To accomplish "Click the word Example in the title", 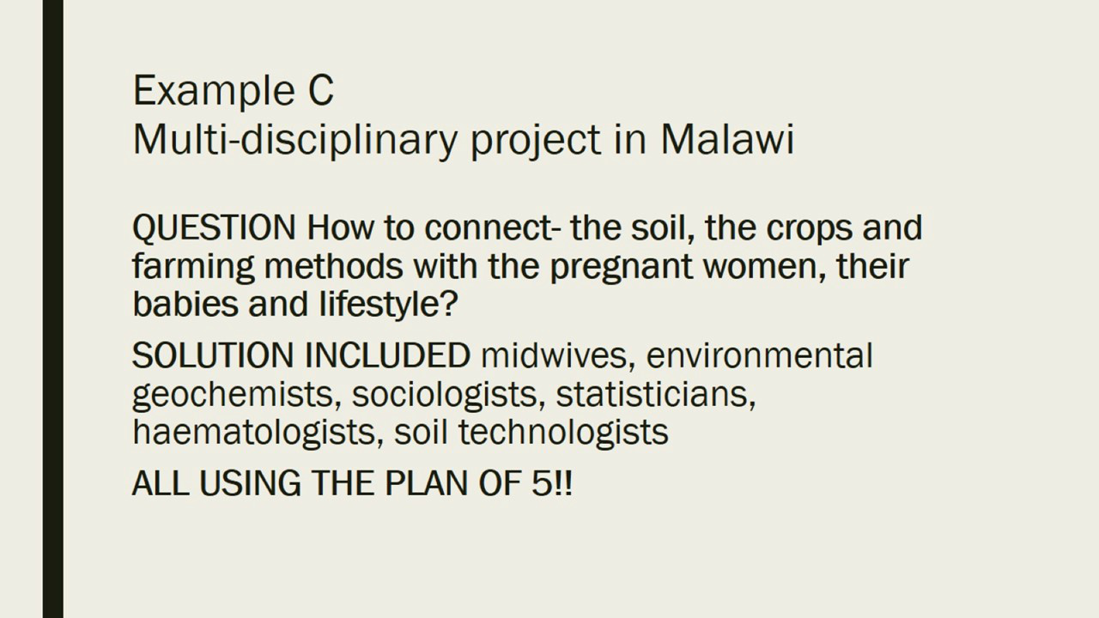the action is tap(214, 92).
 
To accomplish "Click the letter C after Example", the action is tap(321, 90).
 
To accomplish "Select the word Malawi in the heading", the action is tap(727, 139).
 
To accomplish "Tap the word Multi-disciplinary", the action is tap(294, 141).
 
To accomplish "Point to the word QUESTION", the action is tap(214, 227).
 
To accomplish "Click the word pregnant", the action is tap(622, 268).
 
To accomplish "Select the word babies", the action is tap(185, 304).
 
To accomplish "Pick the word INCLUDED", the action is tap(387, 355).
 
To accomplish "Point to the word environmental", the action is tap(760, 355).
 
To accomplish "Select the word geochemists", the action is tap(237, 395).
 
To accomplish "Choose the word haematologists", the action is tap(258, 433).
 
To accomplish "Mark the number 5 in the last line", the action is tap(542, 483).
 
